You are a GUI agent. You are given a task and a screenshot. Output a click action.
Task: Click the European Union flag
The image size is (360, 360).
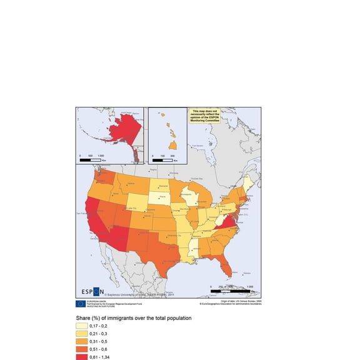point(81,303)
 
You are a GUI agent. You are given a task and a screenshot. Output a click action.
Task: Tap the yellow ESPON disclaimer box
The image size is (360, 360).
point(205,116)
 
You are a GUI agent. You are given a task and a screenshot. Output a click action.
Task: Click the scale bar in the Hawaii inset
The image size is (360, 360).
point(162,160)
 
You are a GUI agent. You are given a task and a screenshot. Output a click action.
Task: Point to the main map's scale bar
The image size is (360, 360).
point(232,291)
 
